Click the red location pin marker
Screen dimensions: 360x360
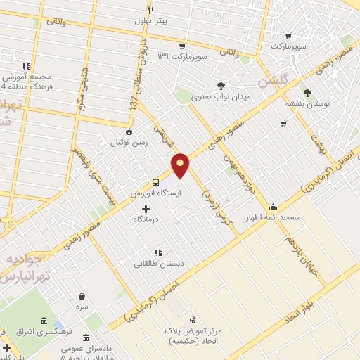coord(181,164)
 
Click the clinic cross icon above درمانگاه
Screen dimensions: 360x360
coord(146,209)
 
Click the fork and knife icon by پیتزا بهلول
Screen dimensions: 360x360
coord(150,10)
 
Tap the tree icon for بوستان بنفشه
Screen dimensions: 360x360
coord(307,91)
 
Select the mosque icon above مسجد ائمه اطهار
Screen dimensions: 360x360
coord(273,207)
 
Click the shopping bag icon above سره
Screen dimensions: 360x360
coord(82,297)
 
